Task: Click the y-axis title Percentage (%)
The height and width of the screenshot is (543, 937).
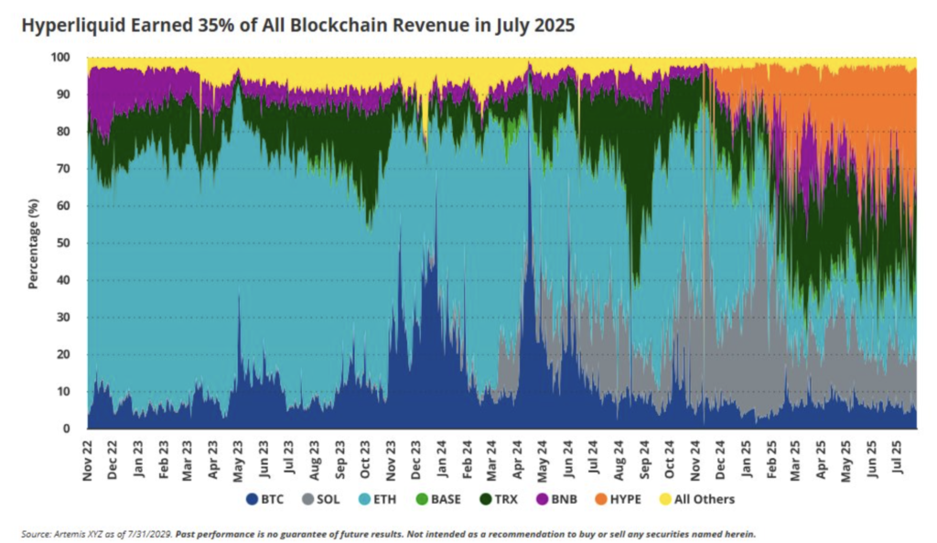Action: tap(33, 243)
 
